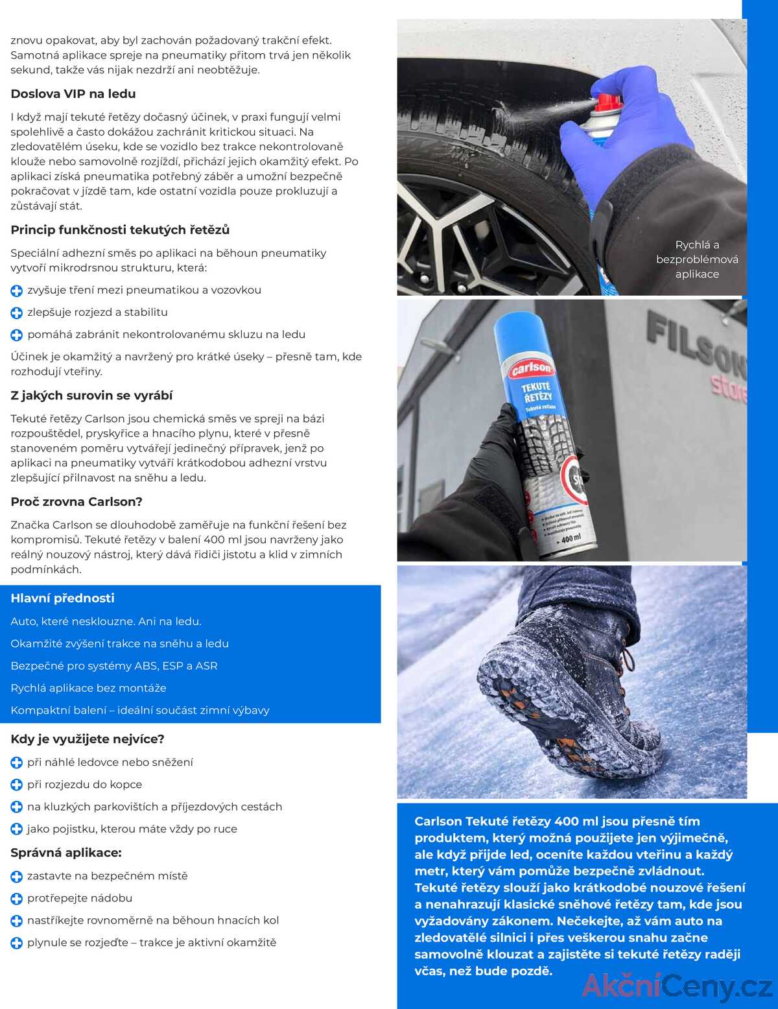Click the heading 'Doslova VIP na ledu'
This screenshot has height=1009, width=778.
pyautogui.click(x=73, y=94)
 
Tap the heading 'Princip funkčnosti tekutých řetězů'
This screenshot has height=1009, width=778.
pyautogui.click(x=120, y=230)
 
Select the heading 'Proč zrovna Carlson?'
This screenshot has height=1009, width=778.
pyautogui.click(x=77, y=502)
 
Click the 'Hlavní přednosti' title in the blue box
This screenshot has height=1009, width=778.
pyautogui.click(x=62, y=599)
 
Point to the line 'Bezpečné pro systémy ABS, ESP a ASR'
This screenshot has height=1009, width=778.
pyautogui.click(x=114, y=666)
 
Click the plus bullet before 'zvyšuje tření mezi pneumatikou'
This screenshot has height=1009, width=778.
pyautogui.click(x=17, y=291)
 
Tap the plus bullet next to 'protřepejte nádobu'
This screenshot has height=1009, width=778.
pyautogui.click(x=17, y=899)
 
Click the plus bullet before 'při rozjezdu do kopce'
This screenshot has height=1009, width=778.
pyautogui.click(x=17, y=785)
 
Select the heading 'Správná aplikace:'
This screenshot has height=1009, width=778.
pyautogui.click(x=66, y=853)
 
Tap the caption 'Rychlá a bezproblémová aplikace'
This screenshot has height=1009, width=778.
pyautogui.click(x=697, y=259)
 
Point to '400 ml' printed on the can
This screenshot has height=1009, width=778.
pyautogui.click(x=571, y=538)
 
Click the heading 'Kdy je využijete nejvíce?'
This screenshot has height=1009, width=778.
pyautogui.click(x=88, y=739)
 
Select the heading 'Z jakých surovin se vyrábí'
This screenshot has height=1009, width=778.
pyautogui.click(x=91, y=396)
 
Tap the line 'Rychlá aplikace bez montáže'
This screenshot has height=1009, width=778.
pyautogui.click(x=88, y=688)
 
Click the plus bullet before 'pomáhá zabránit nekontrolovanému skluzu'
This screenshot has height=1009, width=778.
pyautogui.click(x=17, y=335)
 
